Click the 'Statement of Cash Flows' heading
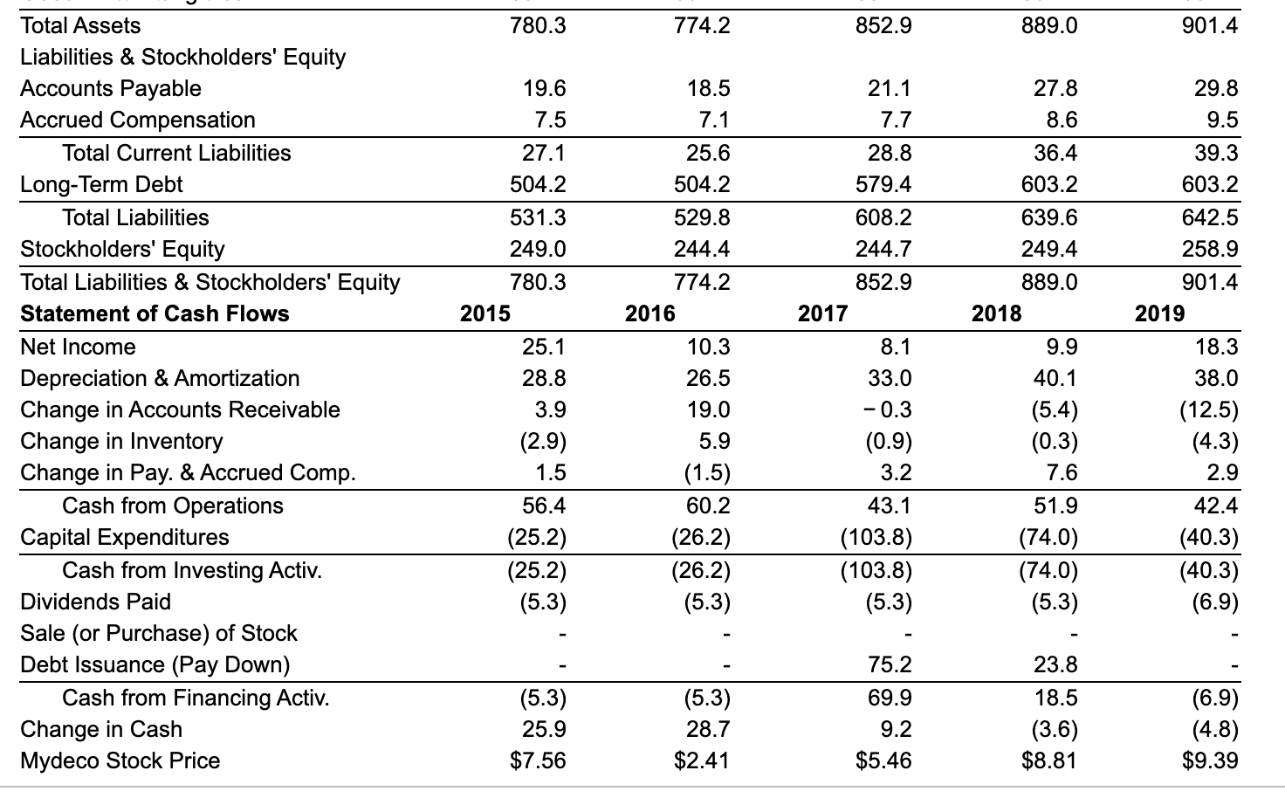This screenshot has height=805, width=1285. coord(155,313)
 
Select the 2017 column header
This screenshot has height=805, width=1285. coord(822,313)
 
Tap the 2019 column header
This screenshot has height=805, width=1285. coord(1159,313)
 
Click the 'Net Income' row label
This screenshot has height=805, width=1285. coord(78,347)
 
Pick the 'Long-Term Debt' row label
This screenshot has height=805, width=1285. coord(101,184)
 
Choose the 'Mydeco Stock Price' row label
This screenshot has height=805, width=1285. coord(120,760)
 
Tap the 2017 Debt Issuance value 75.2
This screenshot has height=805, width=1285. coord(890,664)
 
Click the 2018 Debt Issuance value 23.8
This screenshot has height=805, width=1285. coord(1055,664)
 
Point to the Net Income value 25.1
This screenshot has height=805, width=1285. coord(544,347)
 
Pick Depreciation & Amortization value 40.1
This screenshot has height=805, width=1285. coord(1055,378)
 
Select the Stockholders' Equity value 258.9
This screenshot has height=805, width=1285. coord(1210,249)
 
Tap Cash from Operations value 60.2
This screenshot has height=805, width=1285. coord(708,506)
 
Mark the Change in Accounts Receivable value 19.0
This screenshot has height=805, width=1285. coord(708,409)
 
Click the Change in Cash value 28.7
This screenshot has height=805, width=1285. coord(708,729)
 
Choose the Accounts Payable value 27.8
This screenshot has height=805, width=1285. coord(1055,88)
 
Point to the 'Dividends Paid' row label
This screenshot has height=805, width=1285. coord(95,602)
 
